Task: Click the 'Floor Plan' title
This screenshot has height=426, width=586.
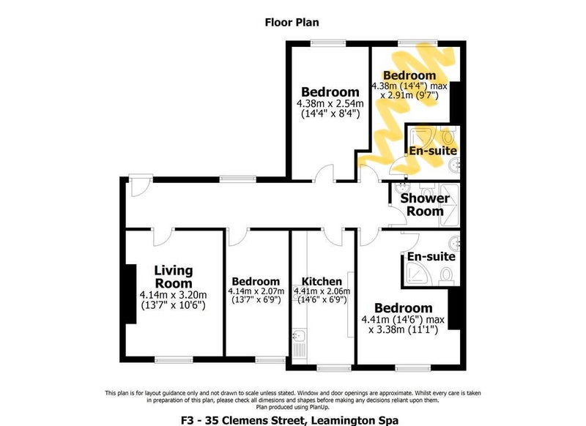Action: pos(292,23)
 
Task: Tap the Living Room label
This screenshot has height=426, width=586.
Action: pos(174,276)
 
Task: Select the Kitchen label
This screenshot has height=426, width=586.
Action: pos(322,281)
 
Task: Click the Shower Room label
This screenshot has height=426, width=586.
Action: pos(425,205)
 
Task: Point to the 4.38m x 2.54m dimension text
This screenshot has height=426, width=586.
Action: pos(330,103)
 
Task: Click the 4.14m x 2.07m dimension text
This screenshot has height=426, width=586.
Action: pos(256,291)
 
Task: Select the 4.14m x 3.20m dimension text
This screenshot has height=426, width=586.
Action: pos(174,294)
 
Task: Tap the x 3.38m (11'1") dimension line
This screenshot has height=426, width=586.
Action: pos(403,329)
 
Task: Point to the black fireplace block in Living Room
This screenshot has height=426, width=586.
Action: pos(130,294)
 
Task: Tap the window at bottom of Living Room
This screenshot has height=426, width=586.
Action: pos(174,360)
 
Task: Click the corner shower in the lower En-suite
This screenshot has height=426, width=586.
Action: pos(418,273)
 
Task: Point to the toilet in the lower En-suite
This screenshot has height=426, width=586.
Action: pos(446,275)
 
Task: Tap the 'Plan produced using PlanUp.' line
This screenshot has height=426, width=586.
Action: pos(292,407)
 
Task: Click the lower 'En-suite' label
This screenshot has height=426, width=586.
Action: pos(431,256)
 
